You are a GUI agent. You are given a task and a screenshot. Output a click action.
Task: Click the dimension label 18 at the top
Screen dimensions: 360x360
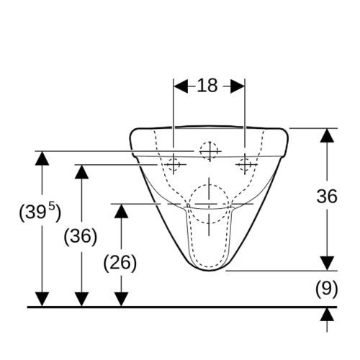pyautogui.click(x=207, y=86)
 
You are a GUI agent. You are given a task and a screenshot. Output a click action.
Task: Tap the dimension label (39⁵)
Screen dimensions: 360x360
pyautogui.click(x=40, y=212)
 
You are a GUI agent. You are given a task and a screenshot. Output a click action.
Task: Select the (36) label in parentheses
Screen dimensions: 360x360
pyautogui.click(x=81, y=236)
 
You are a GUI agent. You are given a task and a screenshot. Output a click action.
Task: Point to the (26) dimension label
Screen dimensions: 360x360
pyautogui.click(x=120, y=263)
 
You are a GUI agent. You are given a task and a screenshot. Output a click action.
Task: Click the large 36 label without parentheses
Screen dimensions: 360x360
pyautogui.click(x=327, y=197)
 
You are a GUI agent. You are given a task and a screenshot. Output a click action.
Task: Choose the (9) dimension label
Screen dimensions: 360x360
pyautogui.click(x=326, y=289)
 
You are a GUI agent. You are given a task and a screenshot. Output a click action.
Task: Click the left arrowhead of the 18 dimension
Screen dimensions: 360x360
pyautogui.click(x=181, y=86)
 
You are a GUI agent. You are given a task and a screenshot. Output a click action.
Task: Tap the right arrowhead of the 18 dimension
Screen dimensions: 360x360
pyautogui.click(x=238, y=86)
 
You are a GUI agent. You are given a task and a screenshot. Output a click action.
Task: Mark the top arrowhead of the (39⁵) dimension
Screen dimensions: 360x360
pyautogui.click(x=42, y=158)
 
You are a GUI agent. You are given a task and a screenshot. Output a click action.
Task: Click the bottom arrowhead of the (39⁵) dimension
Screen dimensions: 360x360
pyautogui.click(x=42, y=300)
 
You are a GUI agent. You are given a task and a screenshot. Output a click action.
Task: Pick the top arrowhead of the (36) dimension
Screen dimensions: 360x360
pyautogui.click(x=81, y=172)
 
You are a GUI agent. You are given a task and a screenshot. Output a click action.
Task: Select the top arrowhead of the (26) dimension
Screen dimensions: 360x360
pyautogui.click(x=121, y=211)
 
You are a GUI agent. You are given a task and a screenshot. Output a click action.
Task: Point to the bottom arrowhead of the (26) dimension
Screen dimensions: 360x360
pyautogui.click(x=121, y=300)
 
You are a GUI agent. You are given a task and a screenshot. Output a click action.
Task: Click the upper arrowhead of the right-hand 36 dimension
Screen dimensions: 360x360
pyautogui.click(x=328, y=135)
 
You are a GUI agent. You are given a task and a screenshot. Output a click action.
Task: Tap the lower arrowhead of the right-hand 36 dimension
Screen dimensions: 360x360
pyautogui.click(x=328, y=264)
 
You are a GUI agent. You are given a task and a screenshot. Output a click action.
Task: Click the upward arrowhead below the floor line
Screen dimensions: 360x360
pyautogui.click(x=328, y=315)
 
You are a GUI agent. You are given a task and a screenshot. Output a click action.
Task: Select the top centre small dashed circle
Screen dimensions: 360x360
pyautogui.click(x=210, y=151)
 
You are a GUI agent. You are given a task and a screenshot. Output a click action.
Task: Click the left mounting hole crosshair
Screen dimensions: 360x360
pyautogui.click(x=174, y=165)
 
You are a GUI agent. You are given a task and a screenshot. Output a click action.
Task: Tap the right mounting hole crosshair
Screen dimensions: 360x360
pyautogui.click(x=245, y=165)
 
